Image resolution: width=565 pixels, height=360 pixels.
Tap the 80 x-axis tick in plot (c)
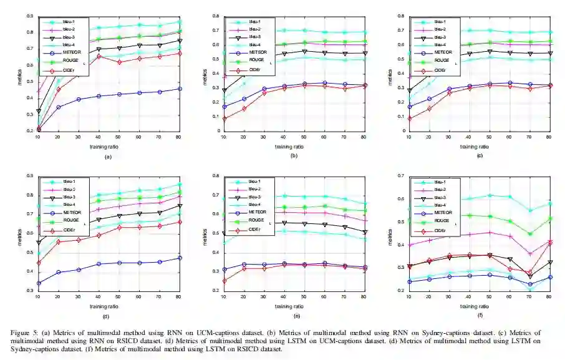pos(549,137)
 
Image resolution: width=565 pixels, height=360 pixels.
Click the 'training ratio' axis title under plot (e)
pos(291,306)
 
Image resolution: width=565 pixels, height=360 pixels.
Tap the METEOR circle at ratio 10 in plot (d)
pos(39,283)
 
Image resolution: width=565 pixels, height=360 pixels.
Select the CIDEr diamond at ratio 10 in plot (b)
pos(225,119)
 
